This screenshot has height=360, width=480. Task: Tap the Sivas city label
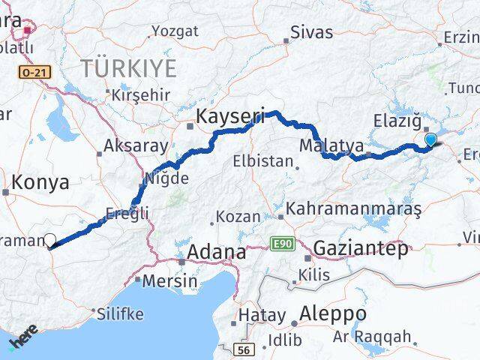tap(310, 31)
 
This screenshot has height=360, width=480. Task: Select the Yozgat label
tap(175, 31)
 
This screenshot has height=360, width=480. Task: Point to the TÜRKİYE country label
tap(129, 68)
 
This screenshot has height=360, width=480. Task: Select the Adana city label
tap(216, 252)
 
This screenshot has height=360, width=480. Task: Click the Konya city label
tap(41, 181)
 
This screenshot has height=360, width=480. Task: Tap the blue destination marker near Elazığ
tap(430, 138)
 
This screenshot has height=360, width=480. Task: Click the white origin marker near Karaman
tap(50, 240)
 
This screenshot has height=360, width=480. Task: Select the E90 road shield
tap(280, 244)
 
